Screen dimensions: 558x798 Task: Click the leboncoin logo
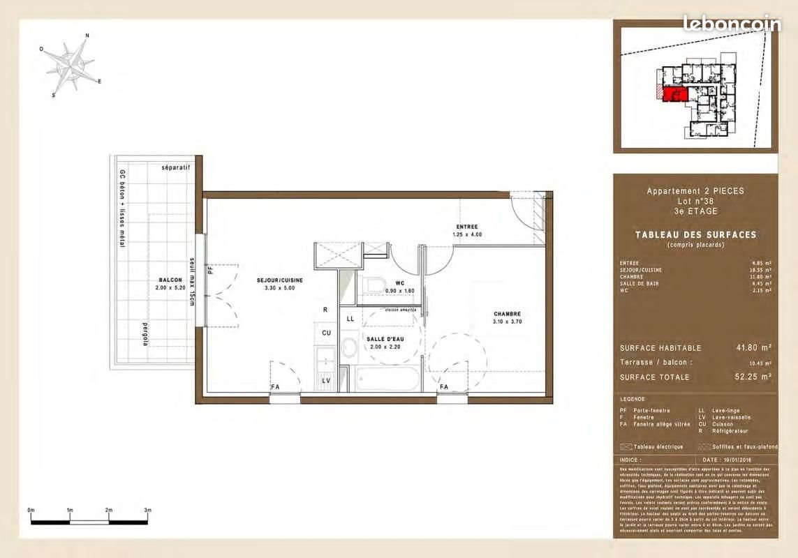(732, 23)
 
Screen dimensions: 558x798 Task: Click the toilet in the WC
(374, 285)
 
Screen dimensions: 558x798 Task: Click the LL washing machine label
(350, 318)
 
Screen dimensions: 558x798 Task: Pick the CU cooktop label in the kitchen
(326, 333)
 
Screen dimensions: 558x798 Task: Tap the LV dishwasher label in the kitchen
(325, 381)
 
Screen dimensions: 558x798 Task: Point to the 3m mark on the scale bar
(148, 511)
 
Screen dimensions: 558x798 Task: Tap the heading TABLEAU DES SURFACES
(695, 235)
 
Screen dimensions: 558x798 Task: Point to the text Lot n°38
(695, 201)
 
